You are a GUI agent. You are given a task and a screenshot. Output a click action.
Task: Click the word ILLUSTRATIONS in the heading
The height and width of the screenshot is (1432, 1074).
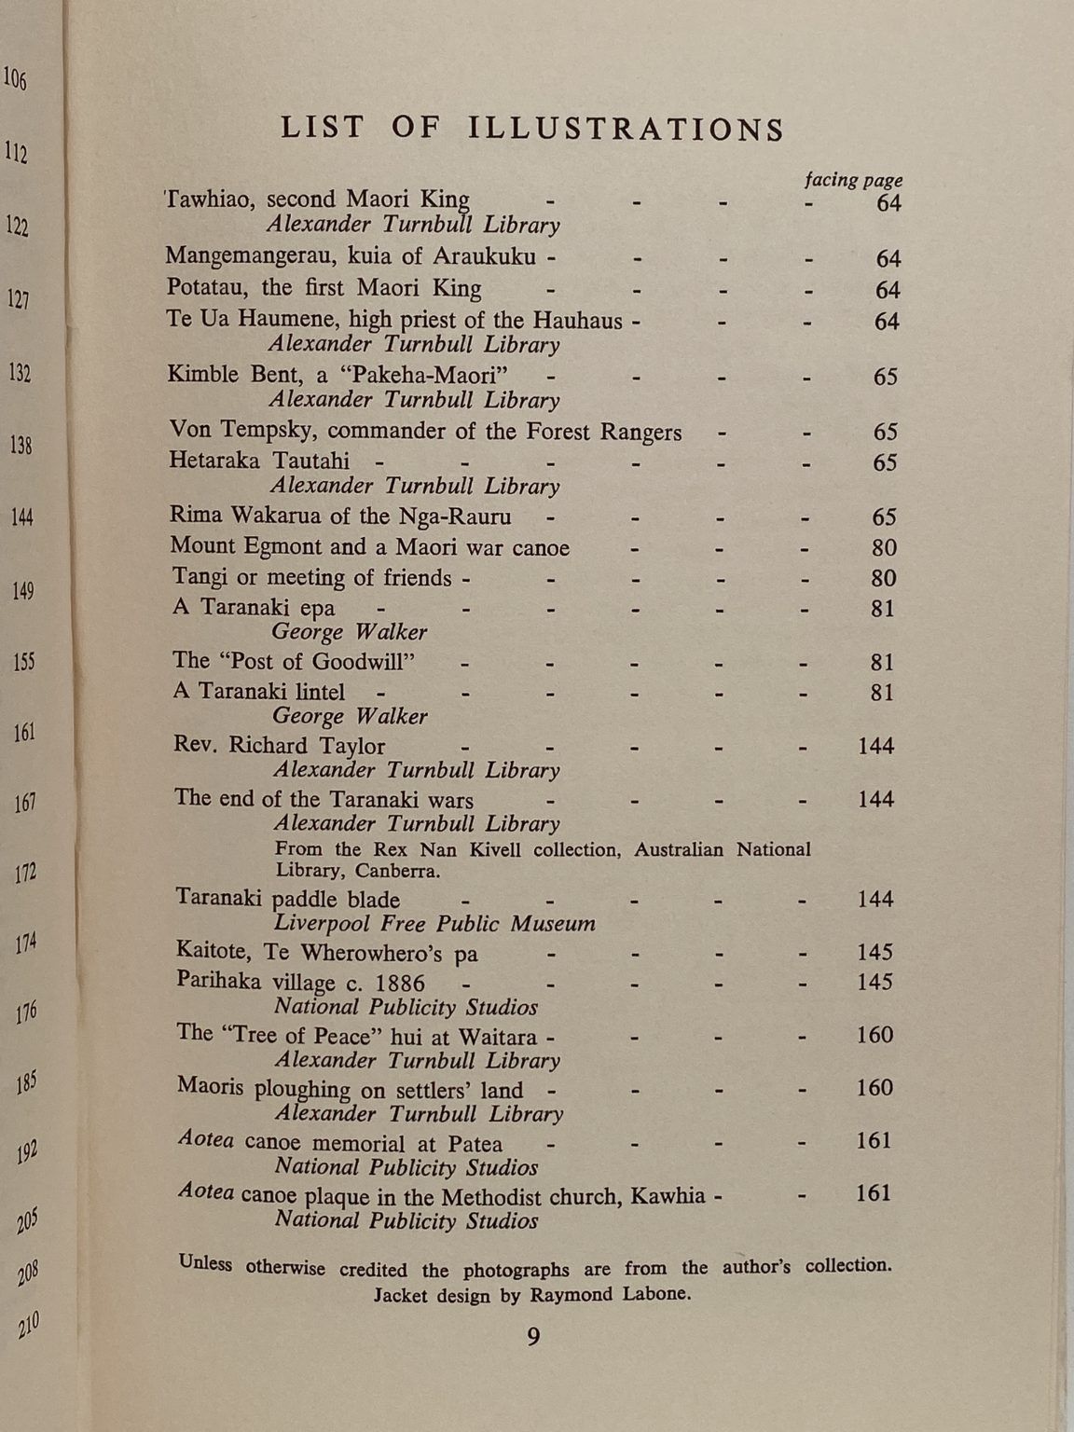coord(626,129)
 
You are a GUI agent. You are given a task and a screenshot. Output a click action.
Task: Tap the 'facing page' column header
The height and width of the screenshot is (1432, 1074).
coord(853,180)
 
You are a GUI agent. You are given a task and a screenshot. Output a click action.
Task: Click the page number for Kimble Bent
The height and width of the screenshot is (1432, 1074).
coord(885,377)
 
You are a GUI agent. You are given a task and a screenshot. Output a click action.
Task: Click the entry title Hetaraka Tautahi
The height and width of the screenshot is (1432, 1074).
coord(259,461)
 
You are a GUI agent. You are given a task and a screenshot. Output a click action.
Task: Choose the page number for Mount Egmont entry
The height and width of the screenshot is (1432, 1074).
coord(883,547)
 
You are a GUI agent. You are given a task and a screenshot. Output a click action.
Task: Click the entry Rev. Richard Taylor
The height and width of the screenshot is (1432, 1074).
coord(279,746)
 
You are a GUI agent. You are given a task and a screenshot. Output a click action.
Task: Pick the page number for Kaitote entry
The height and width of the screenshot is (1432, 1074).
coord(874,952)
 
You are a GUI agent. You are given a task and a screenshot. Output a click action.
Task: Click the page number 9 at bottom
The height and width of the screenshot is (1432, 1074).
coord(533,1337)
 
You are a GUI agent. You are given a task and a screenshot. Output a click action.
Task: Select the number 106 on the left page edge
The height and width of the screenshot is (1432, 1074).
coord(15,79)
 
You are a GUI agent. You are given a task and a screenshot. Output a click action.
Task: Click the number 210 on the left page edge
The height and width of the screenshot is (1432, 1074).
coord(28,1324)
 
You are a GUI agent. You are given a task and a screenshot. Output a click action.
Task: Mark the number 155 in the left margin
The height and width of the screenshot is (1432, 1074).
coord(24,662)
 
